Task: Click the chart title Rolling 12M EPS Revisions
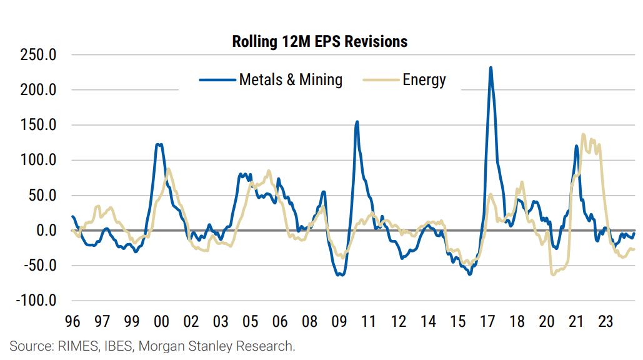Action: (319, 42)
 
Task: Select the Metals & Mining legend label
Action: (291, 80)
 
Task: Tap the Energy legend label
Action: (424, 80)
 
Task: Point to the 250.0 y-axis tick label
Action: (38, 55)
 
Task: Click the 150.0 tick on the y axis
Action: (38, 125)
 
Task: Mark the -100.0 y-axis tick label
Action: (35, 301)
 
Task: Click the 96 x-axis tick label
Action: (72, 322)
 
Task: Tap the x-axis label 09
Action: (339, 322)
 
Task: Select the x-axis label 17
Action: (487, 322)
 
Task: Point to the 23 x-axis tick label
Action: (606, 322)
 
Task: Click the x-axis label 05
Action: (250, 322)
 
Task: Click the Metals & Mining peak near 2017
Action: (491, 67)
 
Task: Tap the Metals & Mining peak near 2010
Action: (357, 122)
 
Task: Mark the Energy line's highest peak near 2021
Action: (583, 134)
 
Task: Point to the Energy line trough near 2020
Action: (553, 274)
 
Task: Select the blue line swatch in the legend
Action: (217, 80)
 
